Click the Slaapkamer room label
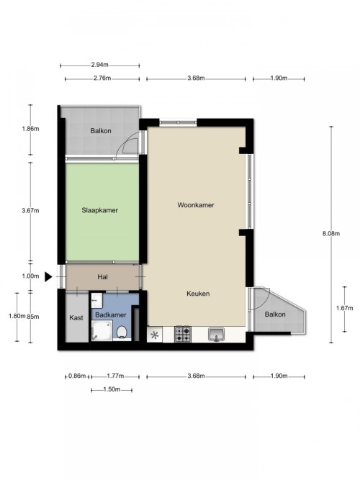pos(99,210)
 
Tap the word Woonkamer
pos(196,205)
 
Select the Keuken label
pos(198,294)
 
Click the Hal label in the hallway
pos(103,277)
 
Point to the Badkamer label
pos(111,315)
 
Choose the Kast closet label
pos(76,318)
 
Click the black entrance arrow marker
pos(48,277)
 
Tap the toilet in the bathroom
pos(122,332)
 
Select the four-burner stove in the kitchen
pos(183,334)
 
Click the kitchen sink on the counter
pos(216,334)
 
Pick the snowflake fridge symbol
pos(155,335)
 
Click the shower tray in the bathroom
pos(102,330)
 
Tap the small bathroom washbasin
pos(97,300)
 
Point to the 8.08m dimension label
pos(331,234)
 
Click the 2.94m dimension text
pos(99,65)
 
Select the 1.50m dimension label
pos(112,389)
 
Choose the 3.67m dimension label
pos(30,211)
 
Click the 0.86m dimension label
pos(77,376)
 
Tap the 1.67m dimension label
pos(344,308)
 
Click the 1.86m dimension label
pos(30,129)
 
